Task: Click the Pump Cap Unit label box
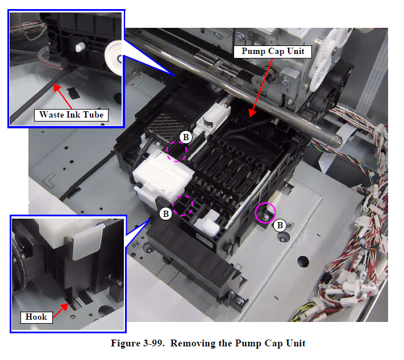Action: (273, 52)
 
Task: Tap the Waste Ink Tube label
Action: (71, 115)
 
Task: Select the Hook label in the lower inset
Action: (36, 317)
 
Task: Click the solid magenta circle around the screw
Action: (265, 213)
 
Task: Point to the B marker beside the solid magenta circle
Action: (280, 225)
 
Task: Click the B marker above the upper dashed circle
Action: (186, 137)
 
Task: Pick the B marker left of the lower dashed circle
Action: (166, 214)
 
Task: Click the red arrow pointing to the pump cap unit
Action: (261, 87)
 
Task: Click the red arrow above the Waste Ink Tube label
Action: (63, 97)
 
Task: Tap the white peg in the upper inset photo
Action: (80, 47)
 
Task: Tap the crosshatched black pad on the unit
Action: (165, 127)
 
